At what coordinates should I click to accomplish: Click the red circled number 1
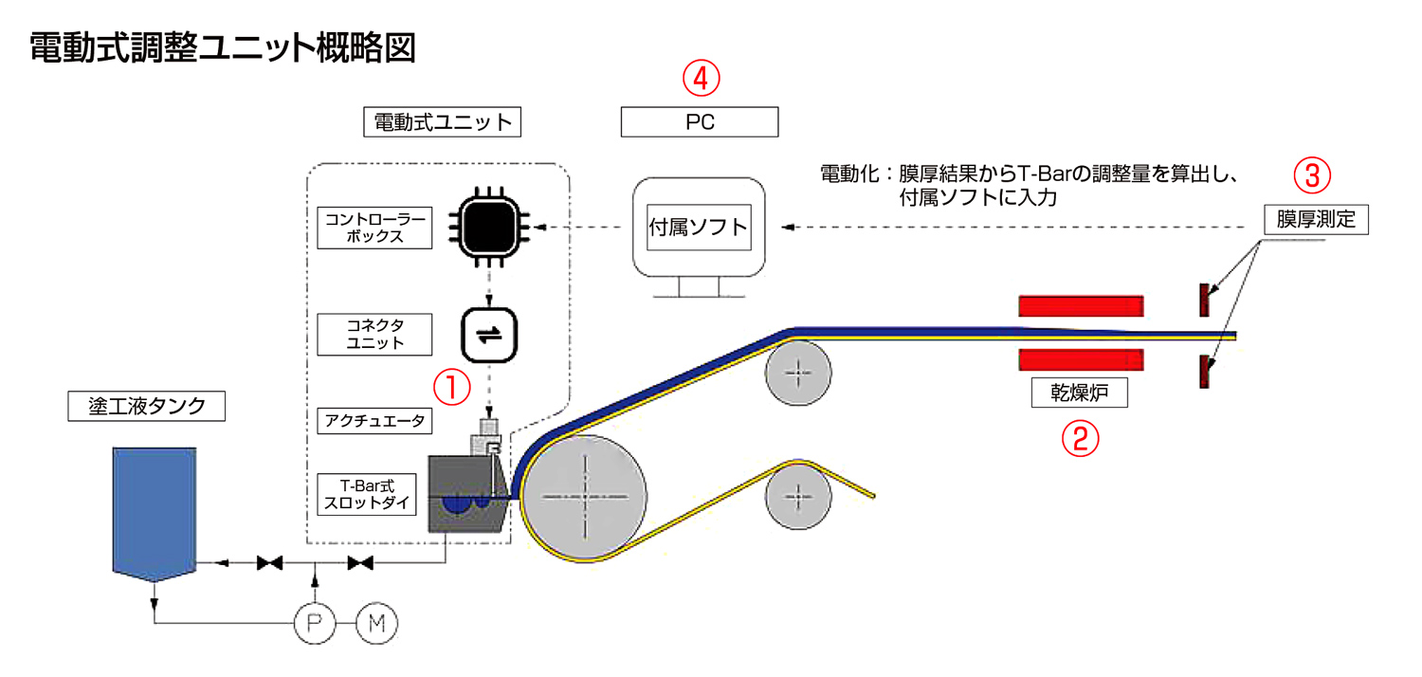(452, 386)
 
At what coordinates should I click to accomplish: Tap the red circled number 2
(1080, 437)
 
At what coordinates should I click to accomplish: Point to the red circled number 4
(701, 80)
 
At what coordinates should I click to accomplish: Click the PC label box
(700, 122)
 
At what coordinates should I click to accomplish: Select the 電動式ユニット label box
(443, 122)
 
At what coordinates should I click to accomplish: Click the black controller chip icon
(489, 228)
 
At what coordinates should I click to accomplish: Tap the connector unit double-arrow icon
(489, 336)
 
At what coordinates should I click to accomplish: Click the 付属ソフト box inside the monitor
(699, 228)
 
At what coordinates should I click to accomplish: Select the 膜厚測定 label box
(1316, 220)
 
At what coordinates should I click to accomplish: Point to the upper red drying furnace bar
(1081, 305)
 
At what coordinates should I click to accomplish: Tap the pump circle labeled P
(314, 623)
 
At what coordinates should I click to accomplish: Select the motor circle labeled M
(377, 623)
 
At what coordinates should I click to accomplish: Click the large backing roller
(586, 497)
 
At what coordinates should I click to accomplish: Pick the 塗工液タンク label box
(147, 406)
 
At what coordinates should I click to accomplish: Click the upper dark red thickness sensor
(1203, 300)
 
